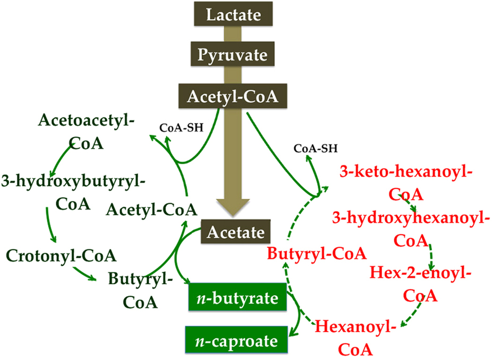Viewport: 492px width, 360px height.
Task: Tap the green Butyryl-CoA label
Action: coord(140,290)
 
